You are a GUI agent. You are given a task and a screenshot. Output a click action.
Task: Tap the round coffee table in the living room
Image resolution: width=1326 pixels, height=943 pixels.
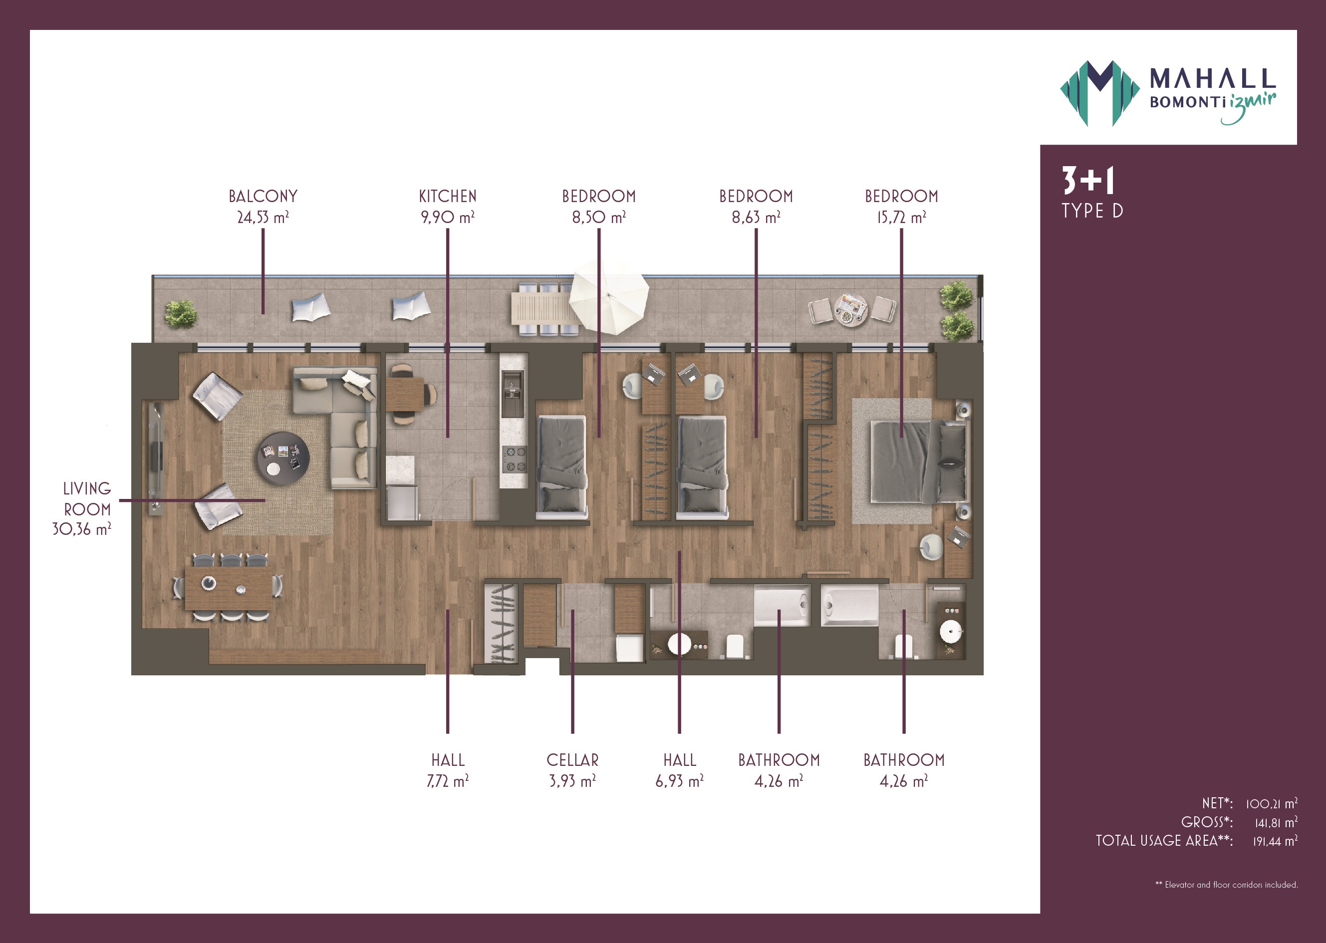(x=283, y=458)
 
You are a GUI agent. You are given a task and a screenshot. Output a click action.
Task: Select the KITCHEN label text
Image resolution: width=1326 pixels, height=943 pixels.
(x=448, y=196)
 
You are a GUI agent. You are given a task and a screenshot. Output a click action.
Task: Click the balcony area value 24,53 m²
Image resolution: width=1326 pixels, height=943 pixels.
(x=263, y=217)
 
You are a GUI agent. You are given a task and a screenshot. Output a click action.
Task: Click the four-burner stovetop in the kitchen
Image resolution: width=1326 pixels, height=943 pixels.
(x=515, y=459)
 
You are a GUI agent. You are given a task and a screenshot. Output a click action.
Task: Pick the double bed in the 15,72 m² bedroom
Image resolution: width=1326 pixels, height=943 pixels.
(x=919, y=462)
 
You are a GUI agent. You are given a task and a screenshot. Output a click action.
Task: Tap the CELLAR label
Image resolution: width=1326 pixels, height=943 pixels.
(x=573, y=760)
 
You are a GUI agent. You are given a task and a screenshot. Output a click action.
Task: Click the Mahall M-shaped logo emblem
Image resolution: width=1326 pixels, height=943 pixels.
(x=1099, y=93)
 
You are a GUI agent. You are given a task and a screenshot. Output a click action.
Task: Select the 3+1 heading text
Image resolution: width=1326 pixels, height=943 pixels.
(x=1088, y=181)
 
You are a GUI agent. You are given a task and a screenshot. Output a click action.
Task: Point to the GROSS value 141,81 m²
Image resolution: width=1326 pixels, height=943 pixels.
(x=1276, y=823)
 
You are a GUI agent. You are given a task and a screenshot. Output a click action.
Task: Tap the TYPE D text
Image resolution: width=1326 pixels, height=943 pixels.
(x=1092, y=211)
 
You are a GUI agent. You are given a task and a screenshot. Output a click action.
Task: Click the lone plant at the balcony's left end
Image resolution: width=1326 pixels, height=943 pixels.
(x=181, y=314)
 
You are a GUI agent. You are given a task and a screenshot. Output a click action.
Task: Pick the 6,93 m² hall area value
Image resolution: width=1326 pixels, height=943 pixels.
(x=680, y=781)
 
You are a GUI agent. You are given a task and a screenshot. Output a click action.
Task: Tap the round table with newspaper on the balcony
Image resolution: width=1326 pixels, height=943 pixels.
(x=851, y=309)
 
